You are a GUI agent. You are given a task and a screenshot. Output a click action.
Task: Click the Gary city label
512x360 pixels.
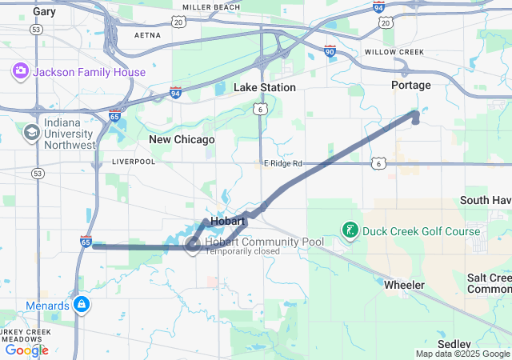[45, 12]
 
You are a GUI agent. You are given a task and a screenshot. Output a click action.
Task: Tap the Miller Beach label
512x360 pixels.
[212, 7]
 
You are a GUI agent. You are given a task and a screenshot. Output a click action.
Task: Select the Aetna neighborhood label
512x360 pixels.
[147, 36]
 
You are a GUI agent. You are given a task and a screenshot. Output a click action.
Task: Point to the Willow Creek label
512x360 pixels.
[394, 52]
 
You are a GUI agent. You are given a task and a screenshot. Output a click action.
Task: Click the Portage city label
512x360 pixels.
[411, 85]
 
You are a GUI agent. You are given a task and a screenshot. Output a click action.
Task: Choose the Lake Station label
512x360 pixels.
[265, 87]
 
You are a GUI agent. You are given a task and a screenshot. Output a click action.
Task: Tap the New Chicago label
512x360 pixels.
[182, 139]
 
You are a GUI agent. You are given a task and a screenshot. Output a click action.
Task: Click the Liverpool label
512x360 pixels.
[134, 162]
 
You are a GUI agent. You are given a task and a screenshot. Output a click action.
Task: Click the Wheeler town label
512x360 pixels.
[404, 285]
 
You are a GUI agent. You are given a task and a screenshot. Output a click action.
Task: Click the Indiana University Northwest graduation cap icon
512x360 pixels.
[33, 132]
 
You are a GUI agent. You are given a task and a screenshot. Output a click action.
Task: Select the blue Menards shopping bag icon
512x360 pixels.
[81, 304]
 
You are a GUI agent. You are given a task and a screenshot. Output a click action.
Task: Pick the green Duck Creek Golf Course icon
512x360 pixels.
[350, 232]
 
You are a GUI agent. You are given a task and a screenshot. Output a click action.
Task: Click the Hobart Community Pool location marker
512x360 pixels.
[193, 245]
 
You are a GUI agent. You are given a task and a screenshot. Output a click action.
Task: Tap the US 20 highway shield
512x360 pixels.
[386, 23]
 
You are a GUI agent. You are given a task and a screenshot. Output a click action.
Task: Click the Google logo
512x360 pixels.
[27, 350]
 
